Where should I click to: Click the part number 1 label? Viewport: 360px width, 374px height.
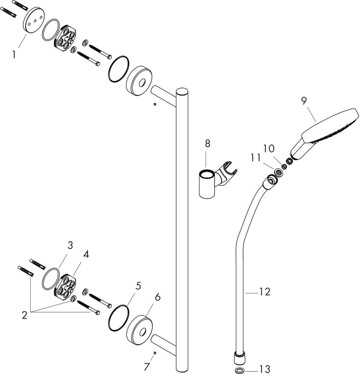[14, 55]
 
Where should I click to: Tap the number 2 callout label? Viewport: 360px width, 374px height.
[25, 315]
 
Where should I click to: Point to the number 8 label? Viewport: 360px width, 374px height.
[208, 143]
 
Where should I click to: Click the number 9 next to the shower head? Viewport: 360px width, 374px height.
[303, 101]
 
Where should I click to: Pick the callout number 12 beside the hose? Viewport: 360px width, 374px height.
[265, 292]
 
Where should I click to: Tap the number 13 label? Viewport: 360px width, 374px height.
[265, 369]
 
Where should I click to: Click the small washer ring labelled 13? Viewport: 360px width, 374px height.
[239, 370]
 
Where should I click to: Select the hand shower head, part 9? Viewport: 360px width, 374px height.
[329, 127]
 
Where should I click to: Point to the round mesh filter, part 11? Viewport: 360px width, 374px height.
[279, 172]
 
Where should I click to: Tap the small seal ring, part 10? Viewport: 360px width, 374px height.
[287, 162]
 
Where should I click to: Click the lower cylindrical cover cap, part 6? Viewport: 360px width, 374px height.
[140, 329]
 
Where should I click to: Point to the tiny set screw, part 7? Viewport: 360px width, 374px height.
[155, 353]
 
